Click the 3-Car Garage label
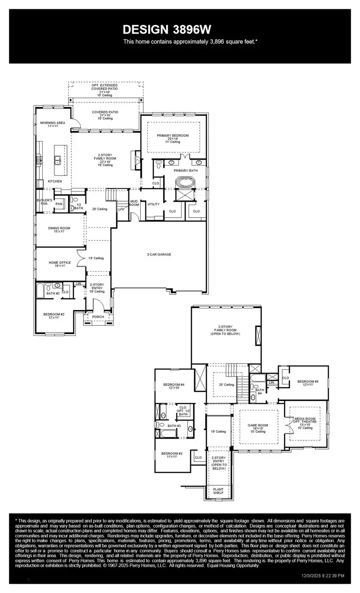click(159, 255)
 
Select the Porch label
click(98, 317)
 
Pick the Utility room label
click(153, 204)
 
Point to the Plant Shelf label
click(218, 491)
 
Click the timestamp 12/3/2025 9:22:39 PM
click(323, 575)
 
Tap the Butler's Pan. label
click(44, 202)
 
